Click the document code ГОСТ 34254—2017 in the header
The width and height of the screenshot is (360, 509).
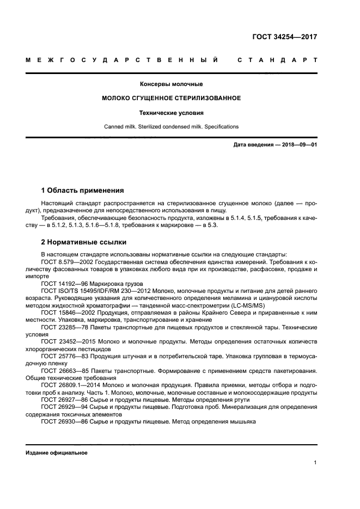click(285, 38)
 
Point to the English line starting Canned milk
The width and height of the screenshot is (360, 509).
click(172, 127)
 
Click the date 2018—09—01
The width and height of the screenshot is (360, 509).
click(298, 145)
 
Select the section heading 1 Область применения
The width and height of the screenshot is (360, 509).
click(82, 191)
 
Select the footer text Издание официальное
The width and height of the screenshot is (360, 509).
click(56, 452)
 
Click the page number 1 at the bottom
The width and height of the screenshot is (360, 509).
click(315, 463)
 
